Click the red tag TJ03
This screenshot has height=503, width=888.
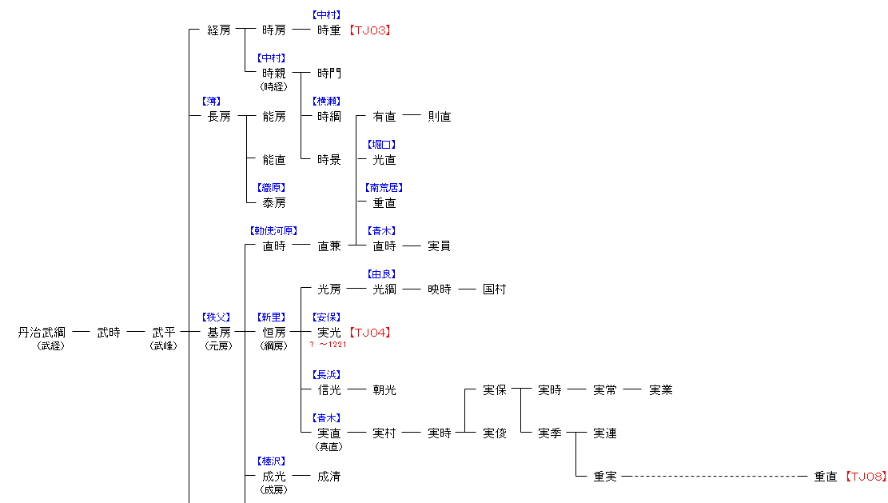click(369, 30)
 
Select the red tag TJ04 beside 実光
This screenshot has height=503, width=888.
click(369, 333)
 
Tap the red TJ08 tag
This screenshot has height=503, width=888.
click(866, 477)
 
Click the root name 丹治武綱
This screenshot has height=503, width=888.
click(42, 333)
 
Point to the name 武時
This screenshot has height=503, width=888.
click(109, 333)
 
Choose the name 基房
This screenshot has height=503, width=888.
click(219, 333)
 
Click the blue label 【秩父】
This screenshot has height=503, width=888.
click(219, 317)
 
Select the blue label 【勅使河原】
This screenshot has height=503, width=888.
click(274, 231)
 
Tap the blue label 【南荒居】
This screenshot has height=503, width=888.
click(384, 188)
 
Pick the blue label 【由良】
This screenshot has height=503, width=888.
click(384, 274)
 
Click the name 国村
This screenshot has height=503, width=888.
click(495, 289)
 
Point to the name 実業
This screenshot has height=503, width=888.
click(660, 390)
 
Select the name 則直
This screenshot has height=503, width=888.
click(440, 117)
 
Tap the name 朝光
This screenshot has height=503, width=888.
click(384, 390)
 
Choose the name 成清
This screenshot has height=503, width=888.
click(329, 477)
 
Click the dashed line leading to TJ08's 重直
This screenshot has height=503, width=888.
click(715, 477)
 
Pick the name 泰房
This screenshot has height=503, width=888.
click(274, 203)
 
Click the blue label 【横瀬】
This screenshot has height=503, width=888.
click(329, 102)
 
